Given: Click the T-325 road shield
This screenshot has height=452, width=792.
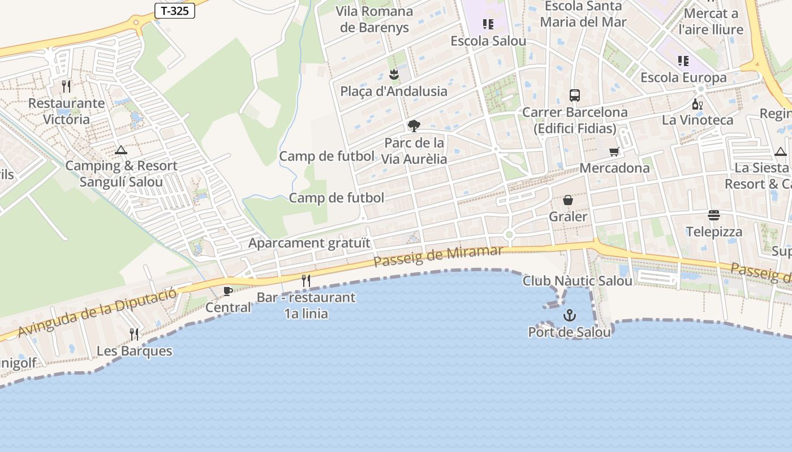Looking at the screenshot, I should click(x=175, y=11).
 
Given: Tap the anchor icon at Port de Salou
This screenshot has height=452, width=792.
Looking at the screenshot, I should click(x=569, y=315).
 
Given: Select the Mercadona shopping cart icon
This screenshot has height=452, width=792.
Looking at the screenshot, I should click(x=614, y=151).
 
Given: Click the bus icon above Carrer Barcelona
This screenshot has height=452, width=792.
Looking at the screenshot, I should click(x=575, y=95).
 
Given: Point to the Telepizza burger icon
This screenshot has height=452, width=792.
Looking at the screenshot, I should click(x=713, y=215).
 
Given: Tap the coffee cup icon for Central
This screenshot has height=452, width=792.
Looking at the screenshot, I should click(x=227, y=291).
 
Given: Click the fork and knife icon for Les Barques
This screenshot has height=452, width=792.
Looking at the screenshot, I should click(x=134, y=334).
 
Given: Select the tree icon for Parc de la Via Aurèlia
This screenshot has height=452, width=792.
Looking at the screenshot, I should click(x=414, y=125).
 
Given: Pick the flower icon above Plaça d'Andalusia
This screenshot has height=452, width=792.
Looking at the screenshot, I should click(x=394, y=74).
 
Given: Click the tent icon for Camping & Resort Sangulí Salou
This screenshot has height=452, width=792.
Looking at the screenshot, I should click(x=120, y=150).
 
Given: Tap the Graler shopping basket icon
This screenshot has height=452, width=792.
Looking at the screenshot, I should click(x=568, y=200).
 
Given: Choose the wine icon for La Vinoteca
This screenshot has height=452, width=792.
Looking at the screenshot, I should click(x=697, y=104).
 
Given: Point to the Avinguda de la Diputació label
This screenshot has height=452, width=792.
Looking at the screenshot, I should click(x=97, y=311).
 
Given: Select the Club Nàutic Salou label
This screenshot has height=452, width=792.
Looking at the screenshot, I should click(x=577, y=281).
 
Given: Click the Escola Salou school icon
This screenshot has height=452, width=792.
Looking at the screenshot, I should click(x=488, y=24).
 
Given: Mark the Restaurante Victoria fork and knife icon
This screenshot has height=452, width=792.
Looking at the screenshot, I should click(x=66, y=86).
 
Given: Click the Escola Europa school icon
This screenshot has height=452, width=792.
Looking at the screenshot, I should click(x=683, y=60).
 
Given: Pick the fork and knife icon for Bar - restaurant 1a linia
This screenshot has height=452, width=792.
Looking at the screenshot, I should click(x=306, y=280).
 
